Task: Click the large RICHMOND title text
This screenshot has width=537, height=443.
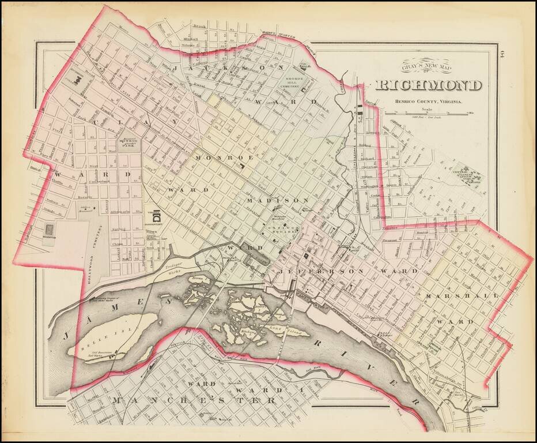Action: [429, 85]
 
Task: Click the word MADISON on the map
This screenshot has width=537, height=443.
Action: [278, 200]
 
